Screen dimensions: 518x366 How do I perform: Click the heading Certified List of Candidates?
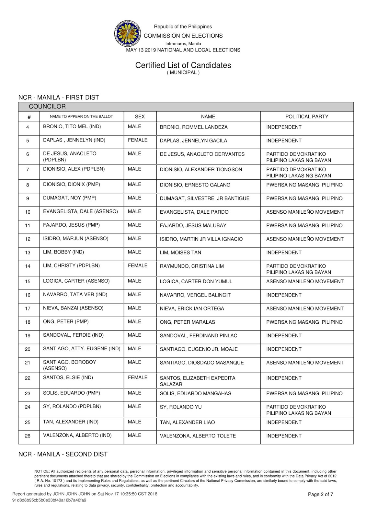(x=183, y=65)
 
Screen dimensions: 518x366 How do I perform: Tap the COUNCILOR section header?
(x=47, y=107)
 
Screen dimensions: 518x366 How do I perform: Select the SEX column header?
(x=140, y=117)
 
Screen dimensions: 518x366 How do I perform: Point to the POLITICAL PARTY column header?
(x=306, y=117)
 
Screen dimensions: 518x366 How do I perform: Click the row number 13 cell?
(x=28, y=253)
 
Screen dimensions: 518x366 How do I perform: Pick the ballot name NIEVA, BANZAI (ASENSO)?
(x=73, y=308)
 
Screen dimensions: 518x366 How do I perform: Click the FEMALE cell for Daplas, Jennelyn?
(x=137, y=140)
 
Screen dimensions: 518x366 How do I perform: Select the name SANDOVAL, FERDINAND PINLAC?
(x=198, y=335)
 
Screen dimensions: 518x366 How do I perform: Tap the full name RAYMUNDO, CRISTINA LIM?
(x=191, y=266)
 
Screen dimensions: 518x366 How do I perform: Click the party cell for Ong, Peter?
(x=304, y=322)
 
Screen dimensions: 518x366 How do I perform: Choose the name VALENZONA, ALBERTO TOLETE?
(x=198, y=436)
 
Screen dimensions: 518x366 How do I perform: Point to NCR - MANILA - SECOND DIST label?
(x=63, y=454)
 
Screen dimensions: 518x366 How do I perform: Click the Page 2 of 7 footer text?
(x=320, y=494)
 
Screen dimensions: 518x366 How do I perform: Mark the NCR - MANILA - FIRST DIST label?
(x=59, y=97)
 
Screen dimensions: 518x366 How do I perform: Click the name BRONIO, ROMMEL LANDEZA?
(x=193, y=127)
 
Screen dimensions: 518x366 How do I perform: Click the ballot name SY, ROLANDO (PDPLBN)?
(x=72, y=406)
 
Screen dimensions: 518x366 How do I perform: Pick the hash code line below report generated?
(x=49, y=500)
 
